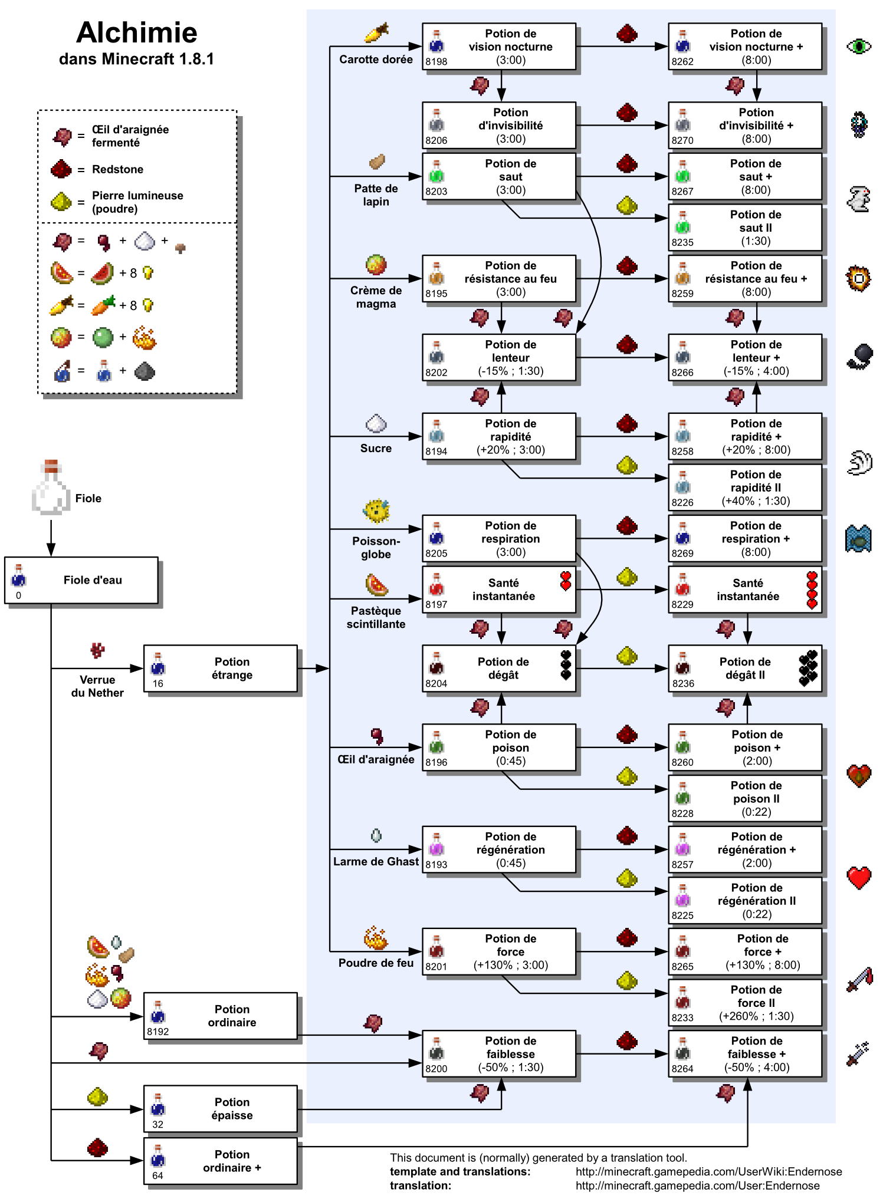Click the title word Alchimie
(136, 33)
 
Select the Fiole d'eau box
(81, 580)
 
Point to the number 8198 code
(436, 62)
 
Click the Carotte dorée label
(376, 60)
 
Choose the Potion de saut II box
(744, 228)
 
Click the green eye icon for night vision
(858, 46)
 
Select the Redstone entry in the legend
(117, 170)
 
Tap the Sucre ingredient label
(376, 449)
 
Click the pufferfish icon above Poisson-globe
(376, 511)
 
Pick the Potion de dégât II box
(744, 668)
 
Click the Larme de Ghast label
(376, 862)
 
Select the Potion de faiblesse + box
(744, 1054)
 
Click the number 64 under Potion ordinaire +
(157, 1175)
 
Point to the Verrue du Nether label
(97, 687)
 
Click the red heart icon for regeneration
(859, 878)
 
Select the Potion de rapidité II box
(744, 488)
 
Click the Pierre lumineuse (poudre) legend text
(137, 202)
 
